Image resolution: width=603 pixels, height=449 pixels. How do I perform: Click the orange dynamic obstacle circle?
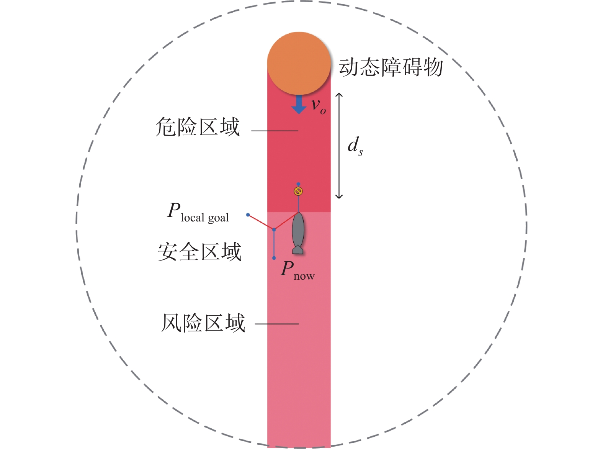pos(299,63)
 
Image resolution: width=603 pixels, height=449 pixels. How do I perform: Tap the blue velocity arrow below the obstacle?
pos(299,105)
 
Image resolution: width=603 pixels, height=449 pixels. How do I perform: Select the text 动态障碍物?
pos(391,67)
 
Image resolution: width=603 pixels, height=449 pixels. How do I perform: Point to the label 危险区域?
pos(198,127)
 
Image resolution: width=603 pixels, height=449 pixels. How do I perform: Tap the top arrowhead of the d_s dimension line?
pos(339,95)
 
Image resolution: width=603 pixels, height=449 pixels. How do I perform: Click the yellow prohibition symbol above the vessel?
pos(298,191)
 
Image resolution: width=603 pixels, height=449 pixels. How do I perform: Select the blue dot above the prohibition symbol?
pos(298,184)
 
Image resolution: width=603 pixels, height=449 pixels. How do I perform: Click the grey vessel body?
pos(298,230)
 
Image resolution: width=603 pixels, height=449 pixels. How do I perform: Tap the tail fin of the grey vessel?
pos(298,250)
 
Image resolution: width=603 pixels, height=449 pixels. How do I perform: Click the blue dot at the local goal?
pos(248,215)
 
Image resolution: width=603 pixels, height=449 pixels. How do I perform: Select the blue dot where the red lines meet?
pos(274,229)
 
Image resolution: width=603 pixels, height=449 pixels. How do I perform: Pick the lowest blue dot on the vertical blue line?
pos(274,258)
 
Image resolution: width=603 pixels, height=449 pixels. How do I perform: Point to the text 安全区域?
pos(199,252)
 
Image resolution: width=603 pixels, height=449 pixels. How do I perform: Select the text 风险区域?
pos(203,323)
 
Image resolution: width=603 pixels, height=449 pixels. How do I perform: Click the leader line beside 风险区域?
pos(276,324)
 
